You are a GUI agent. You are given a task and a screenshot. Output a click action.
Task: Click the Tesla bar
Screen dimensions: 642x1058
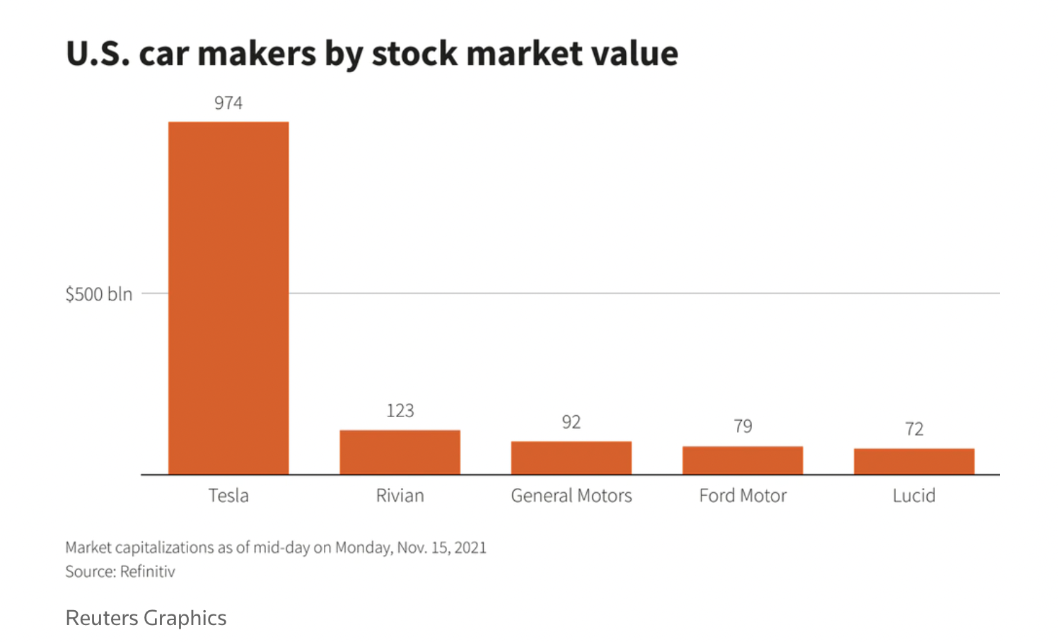[228, 298]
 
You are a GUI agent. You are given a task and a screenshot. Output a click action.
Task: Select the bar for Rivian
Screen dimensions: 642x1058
[400, 452]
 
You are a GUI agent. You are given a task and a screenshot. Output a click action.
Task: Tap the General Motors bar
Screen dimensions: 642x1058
[571, 457]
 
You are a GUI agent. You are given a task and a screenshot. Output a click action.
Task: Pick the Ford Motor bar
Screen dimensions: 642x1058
[743, 460]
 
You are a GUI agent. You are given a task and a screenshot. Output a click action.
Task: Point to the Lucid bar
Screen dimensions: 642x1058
[914, 461]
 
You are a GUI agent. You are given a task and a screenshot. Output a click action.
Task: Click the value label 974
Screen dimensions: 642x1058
[228, 103]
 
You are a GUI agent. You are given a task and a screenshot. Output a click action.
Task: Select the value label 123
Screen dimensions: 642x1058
[400, 411]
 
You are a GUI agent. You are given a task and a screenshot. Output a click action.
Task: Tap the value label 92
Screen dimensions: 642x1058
[571, 422]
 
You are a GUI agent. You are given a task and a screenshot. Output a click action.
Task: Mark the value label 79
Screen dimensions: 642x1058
[743, 426]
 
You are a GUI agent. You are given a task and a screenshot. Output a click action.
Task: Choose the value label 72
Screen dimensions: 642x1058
[914, 429]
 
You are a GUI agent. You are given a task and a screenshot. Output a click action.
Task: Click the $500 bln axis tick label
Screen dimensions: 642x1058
[99, 294]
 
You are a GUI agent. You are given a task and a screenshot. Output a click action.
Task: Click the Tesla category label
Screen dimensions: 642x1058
[228, 496]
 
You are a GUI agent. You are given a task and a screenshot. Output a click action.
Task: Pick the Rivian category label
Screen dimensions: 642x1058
[400, 496]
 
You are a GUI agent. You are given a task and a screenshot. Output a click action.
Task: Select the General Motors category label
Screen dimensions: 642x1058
[571, 496]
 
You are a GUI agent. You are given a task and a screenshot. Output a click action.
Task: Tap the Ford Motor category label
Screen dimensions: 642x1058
[743, 496]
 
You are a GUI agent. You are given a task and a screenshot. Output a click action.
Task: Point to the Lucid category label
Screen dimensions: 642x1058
[914, 496]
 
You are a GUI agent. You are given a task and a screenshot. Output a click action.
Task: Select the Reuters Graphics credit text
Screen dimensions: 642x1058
[146, 618]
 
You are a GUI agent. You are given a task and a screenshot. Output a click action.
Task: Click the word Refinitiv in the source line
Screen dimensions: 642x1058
[147, 571]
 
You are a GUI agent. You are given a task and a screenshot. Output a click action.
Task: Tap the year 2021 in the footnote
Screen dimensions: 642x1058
[470, 548]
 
